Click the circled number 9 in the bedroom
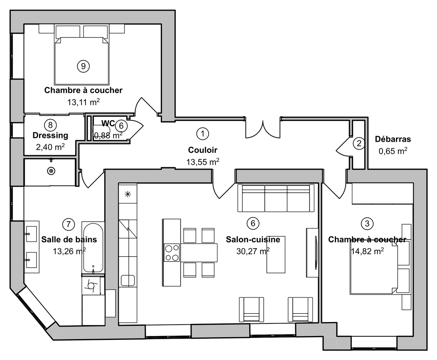pos(83,66)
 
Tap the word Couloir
pos(203,150)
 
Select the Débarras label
pos(393,139)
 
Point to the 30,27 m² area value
pos(253,251)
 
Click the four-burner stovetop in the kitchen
pos(172,252)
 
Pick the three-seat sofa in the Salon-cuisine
pos(276,198)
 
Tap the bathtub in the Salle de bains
pos(93,247)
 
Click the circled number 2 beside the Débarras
pos(359,143)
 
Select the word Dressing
pos(51,135)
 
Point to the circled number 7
pos(68,224)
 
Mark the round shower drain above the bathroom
pos(51,171)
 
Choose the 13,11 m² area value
pos(83,102)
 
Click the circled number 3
pos(367,224)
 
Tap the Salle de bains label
pos(69,239)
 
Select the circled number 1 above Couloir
pos(203,133)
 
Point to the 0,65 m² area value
pos(393,151)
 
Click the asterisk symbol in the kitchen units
pos(128,194)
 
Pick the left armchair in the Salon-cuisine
pos(252,309)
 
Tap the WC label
pos(108,123)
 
